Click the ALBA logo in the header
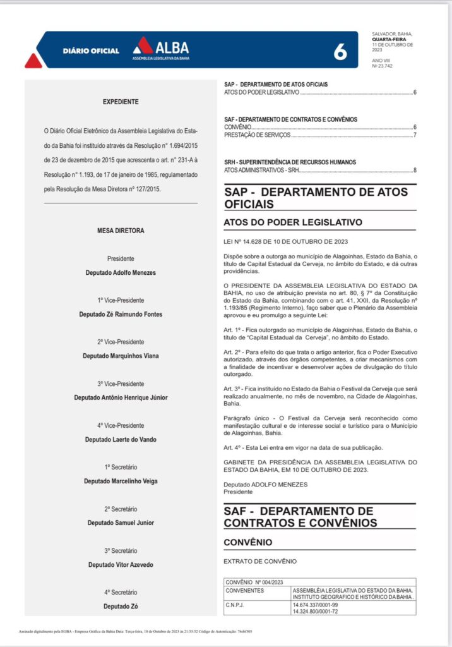click(x=160, y=48)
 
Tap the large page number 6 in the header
click(x=340, y=52)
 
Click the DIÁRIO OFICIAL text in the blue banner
click(x=91, y=51)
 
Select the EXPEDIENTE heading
click(x=121, y=102)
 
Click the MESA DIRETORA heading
click(x=121, y=231)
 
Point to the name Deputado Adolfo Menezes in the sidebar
click(x=121, y=272)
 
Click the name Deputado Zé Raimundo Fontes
click(x=121, y=314)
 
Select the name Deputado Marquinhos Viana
click(x=121, y=356)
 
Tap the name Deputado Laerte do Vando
click(x=121, y=439)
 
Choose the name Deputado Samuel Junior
click(x=121, y=523)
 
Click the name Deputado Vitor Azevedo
click(x=121, y=564)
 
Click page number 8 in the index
click(x=415, y=170)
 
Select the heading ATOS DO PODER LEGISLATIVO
click(x=293, y=222)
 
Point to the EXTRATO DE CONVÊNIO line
click(x=260, y=561)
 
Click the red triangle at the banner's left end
click(x=33, y=61)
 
